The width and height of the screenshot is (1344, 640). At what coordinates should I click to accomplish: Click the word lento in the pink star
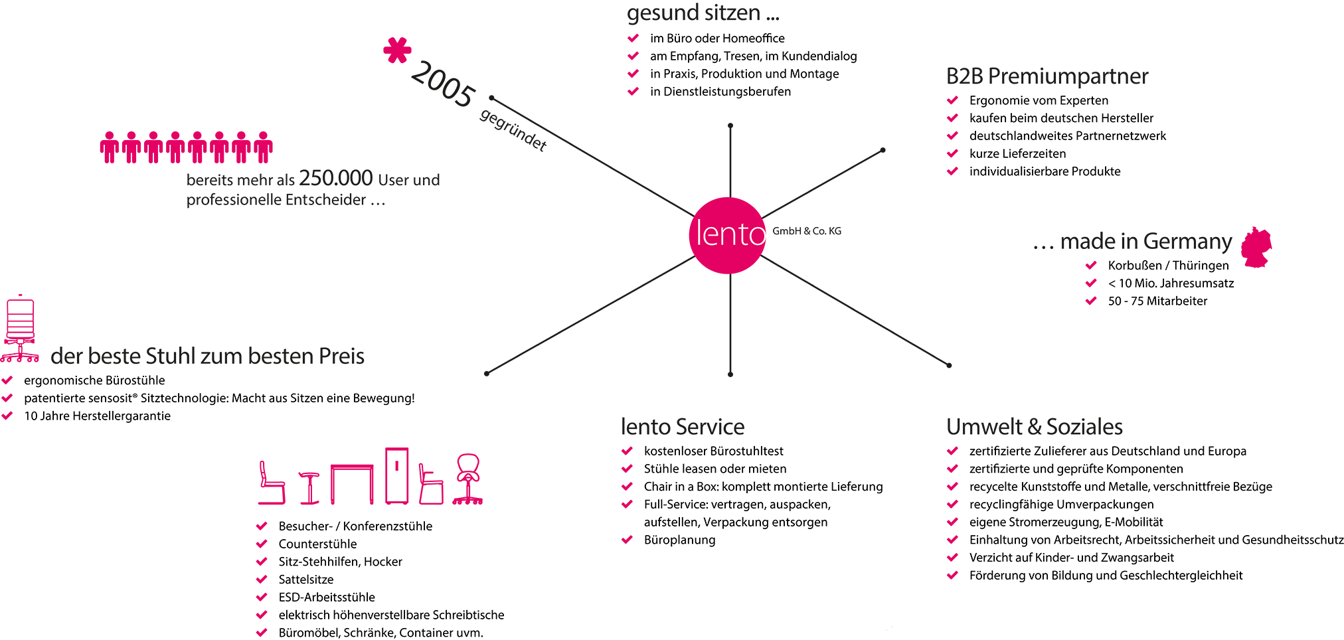(x=729, y=234)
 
